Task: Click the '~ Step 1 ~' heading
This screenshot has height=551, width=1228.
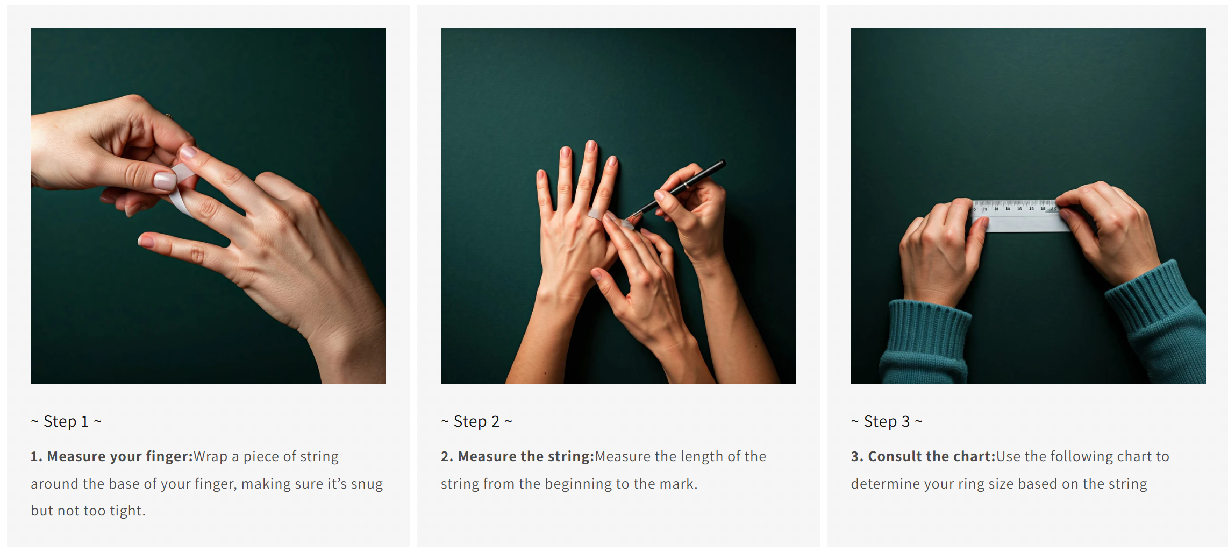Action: [66, 421]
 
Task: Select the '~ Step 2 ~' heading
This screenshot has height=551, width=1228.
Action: [476, 421]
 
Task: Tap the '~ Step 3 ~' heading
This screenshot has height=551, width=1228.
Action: [887, 421]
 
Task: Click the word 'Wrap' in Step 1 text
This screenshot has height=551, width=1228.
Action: [211, 457]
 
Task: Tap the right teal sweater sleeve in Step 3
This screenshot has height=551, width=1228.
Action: [1161, 323]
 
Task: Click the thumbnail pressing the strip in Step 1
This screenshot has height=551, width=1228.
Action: [165, 180]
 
